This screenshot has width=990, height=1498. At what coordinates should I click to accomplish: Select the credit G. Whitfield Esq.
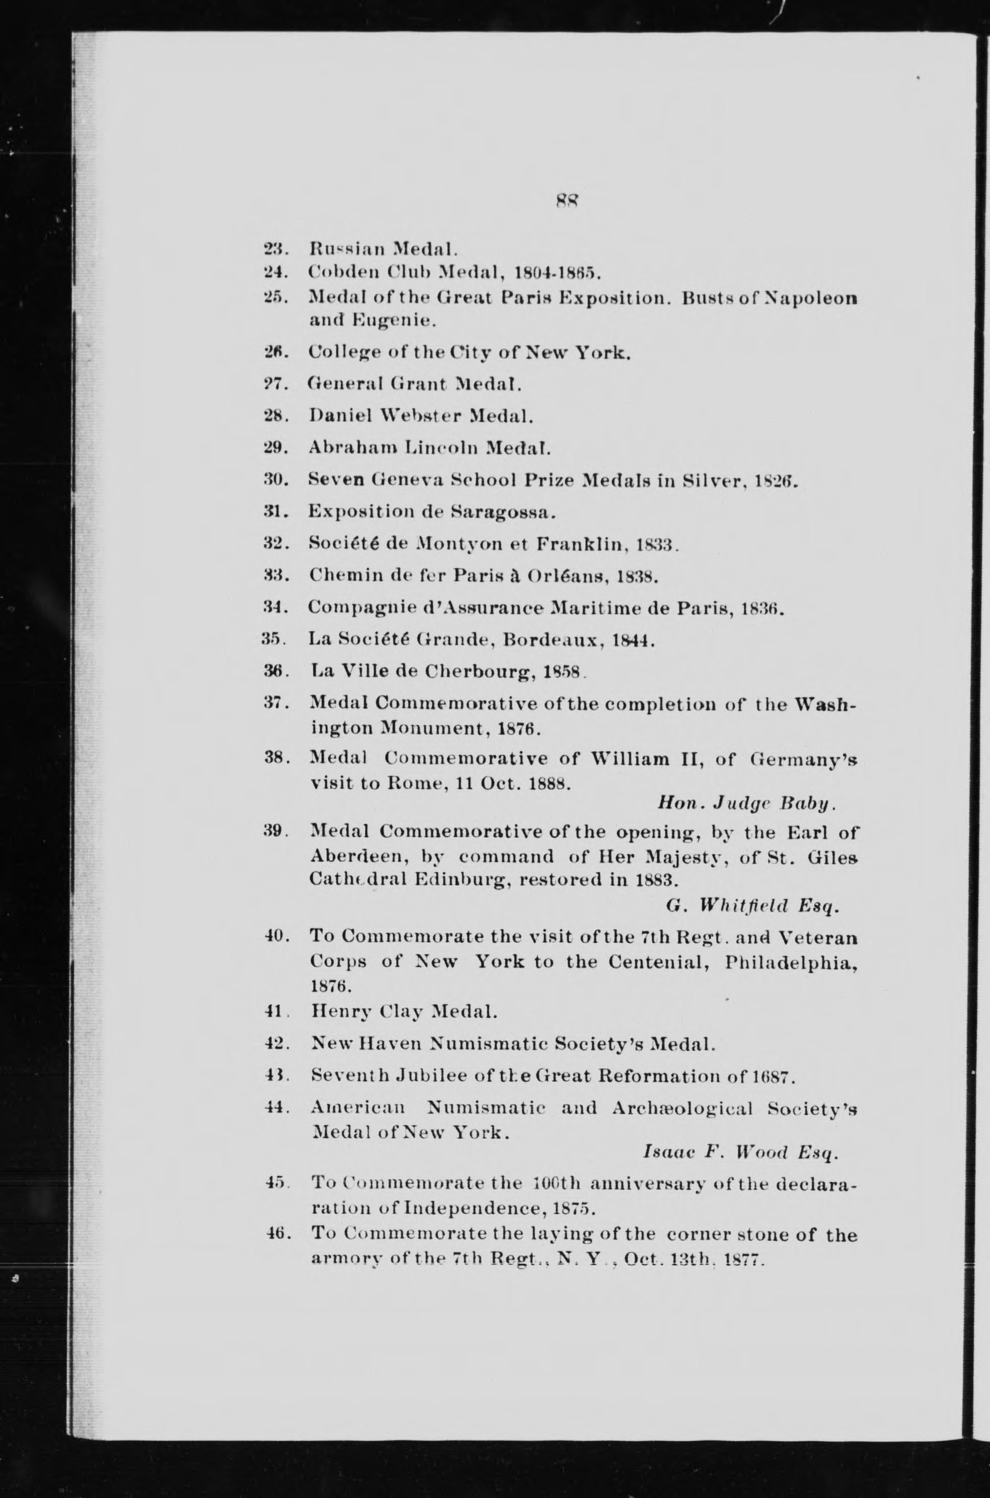(x=752, y=907)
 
